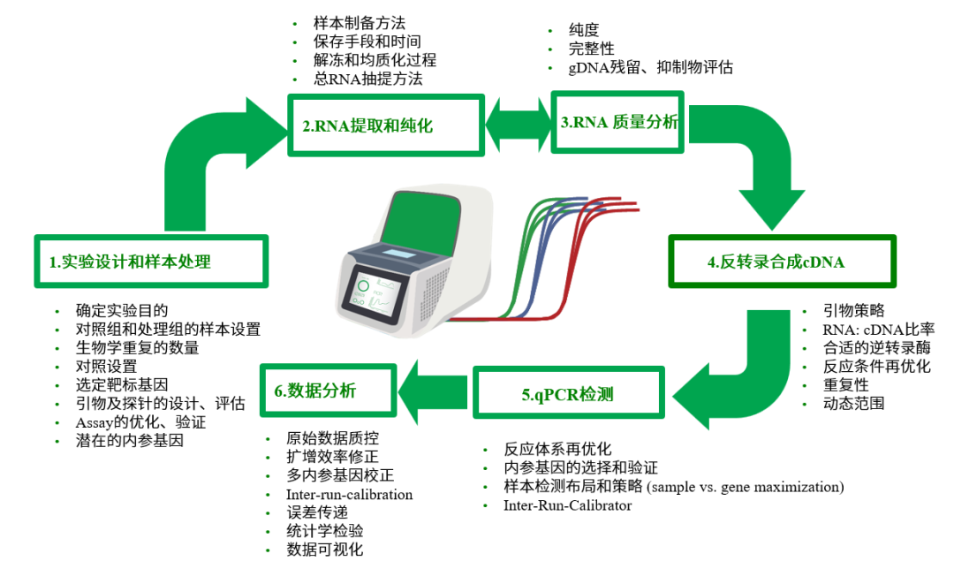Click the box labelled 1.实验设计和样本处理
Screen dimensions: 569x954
click(x=150, y=262)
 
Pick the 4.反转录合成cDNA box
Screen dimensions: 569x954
click(x=782, y=262)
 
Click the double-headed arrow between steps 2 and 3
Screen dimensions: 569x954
click(x=519, y=123)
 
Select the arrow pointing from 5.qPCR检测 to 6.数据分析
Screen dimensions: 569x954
click(x=433, y=390)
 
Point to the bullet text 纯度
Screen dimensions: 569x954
click(x=584, y=29)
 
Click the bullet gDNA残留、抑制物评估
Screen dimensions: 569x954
click(x=651, y=67)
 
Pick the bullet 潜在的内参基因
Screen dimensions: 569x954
click(x=129, y=440)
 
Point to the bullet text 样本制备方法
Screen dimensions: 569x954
click(x=360, y=22)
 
